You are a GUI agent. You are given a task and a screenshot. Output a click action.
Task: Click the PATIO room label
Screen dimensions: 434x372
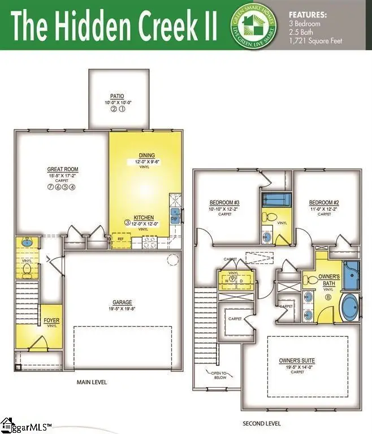point(117,97)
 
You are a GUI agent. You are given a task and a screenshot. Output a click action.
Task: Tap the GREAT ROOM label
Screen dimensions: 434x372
point(63,170)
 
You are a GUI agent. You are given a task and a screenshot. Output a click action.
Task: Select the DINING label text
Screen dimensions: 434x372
point(146,155)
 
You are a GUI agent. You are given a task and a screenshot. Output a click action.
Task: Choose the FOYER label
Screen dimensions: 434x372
point(51,320)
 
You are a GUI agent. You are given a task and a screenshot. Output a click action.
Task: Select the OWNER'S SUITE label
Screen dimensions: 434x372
point(297,360)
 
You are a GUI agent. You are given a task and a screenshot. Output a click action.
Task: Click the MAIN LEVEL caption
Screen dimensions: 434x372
point(92,382)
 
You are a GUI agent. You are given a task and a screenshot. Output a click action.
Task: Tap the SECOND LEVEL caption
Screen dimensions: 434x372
point(262,423)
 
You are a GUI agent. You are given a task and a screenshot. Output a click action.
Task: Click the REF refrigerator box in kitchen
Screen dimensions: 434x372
point(120,239)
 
